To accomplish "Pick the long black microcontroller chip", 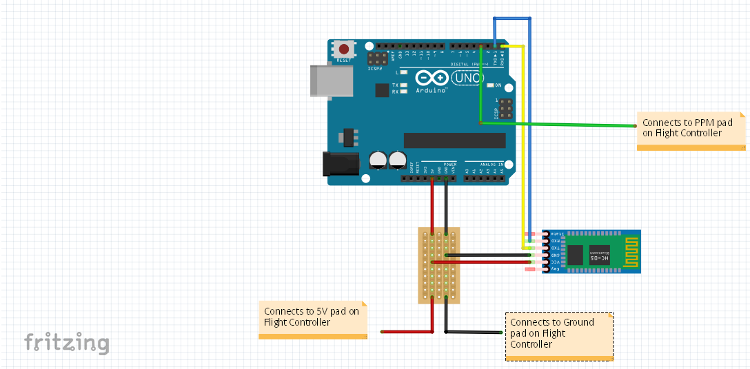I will tap(454, 140).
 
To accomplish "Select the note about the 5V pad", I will tap(312, 317).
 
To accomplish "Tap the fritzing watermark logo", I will tap(66, 343).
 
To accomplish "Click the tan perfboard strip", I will tap(439, 265).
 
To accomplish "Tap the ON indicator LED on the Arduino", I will tap(490, 85).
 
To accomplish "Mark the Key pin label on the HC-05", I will tap(556, 269).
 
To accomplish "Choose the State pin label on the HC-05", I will tap(556, 234).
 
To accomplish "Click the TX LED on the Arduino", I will tap(404, 85).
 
